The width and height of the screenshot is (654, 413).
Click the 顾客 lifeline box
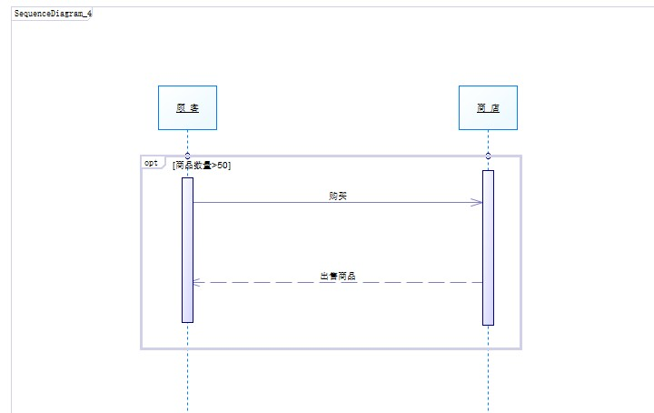[187, 108]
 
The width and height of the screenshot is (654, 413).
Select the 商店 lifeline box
[488, 108]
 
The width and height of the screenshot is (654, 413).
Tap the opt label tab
[152, 163]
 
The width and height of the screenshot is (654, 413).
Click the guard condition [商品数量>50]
[201, 165]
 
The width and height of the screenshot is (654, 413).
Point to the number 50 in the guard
[224, 165]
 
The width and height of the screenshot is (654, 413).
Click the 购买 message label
[337, 196]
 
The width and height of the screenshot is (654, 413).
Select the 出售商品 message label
[337, 276]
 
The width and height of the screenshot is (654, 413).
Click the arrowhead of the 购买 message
[477, 202]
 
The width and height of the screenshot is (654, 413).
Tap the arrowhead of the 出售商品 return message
[197, 282]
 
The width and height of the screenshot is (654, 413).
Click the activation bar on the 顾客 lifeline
[187, 250]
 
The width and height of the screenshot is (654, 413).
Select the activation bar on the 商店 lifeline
[488, 246]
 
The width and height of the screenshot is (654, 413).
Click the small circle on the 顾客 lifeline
[187, 156]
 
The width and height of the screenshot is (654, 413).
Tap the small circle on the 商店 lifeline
[488, 156]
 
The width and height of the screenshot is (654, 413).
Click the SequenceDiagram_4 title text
[53, 15]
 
